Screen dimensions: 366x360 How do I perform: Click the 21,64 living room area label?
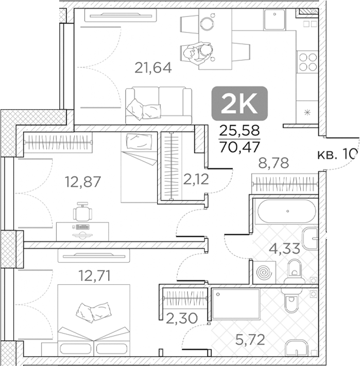[153, 67]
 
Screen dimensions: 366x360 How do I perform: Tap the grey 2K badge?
[239, 104]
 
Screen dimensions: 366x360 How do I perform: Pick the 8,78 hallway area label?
[272, 164]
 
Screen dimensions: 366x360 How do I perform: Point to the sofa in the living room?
[158, 105]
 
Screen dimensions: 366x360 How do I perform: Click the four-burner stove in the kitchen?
[308, 62]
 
